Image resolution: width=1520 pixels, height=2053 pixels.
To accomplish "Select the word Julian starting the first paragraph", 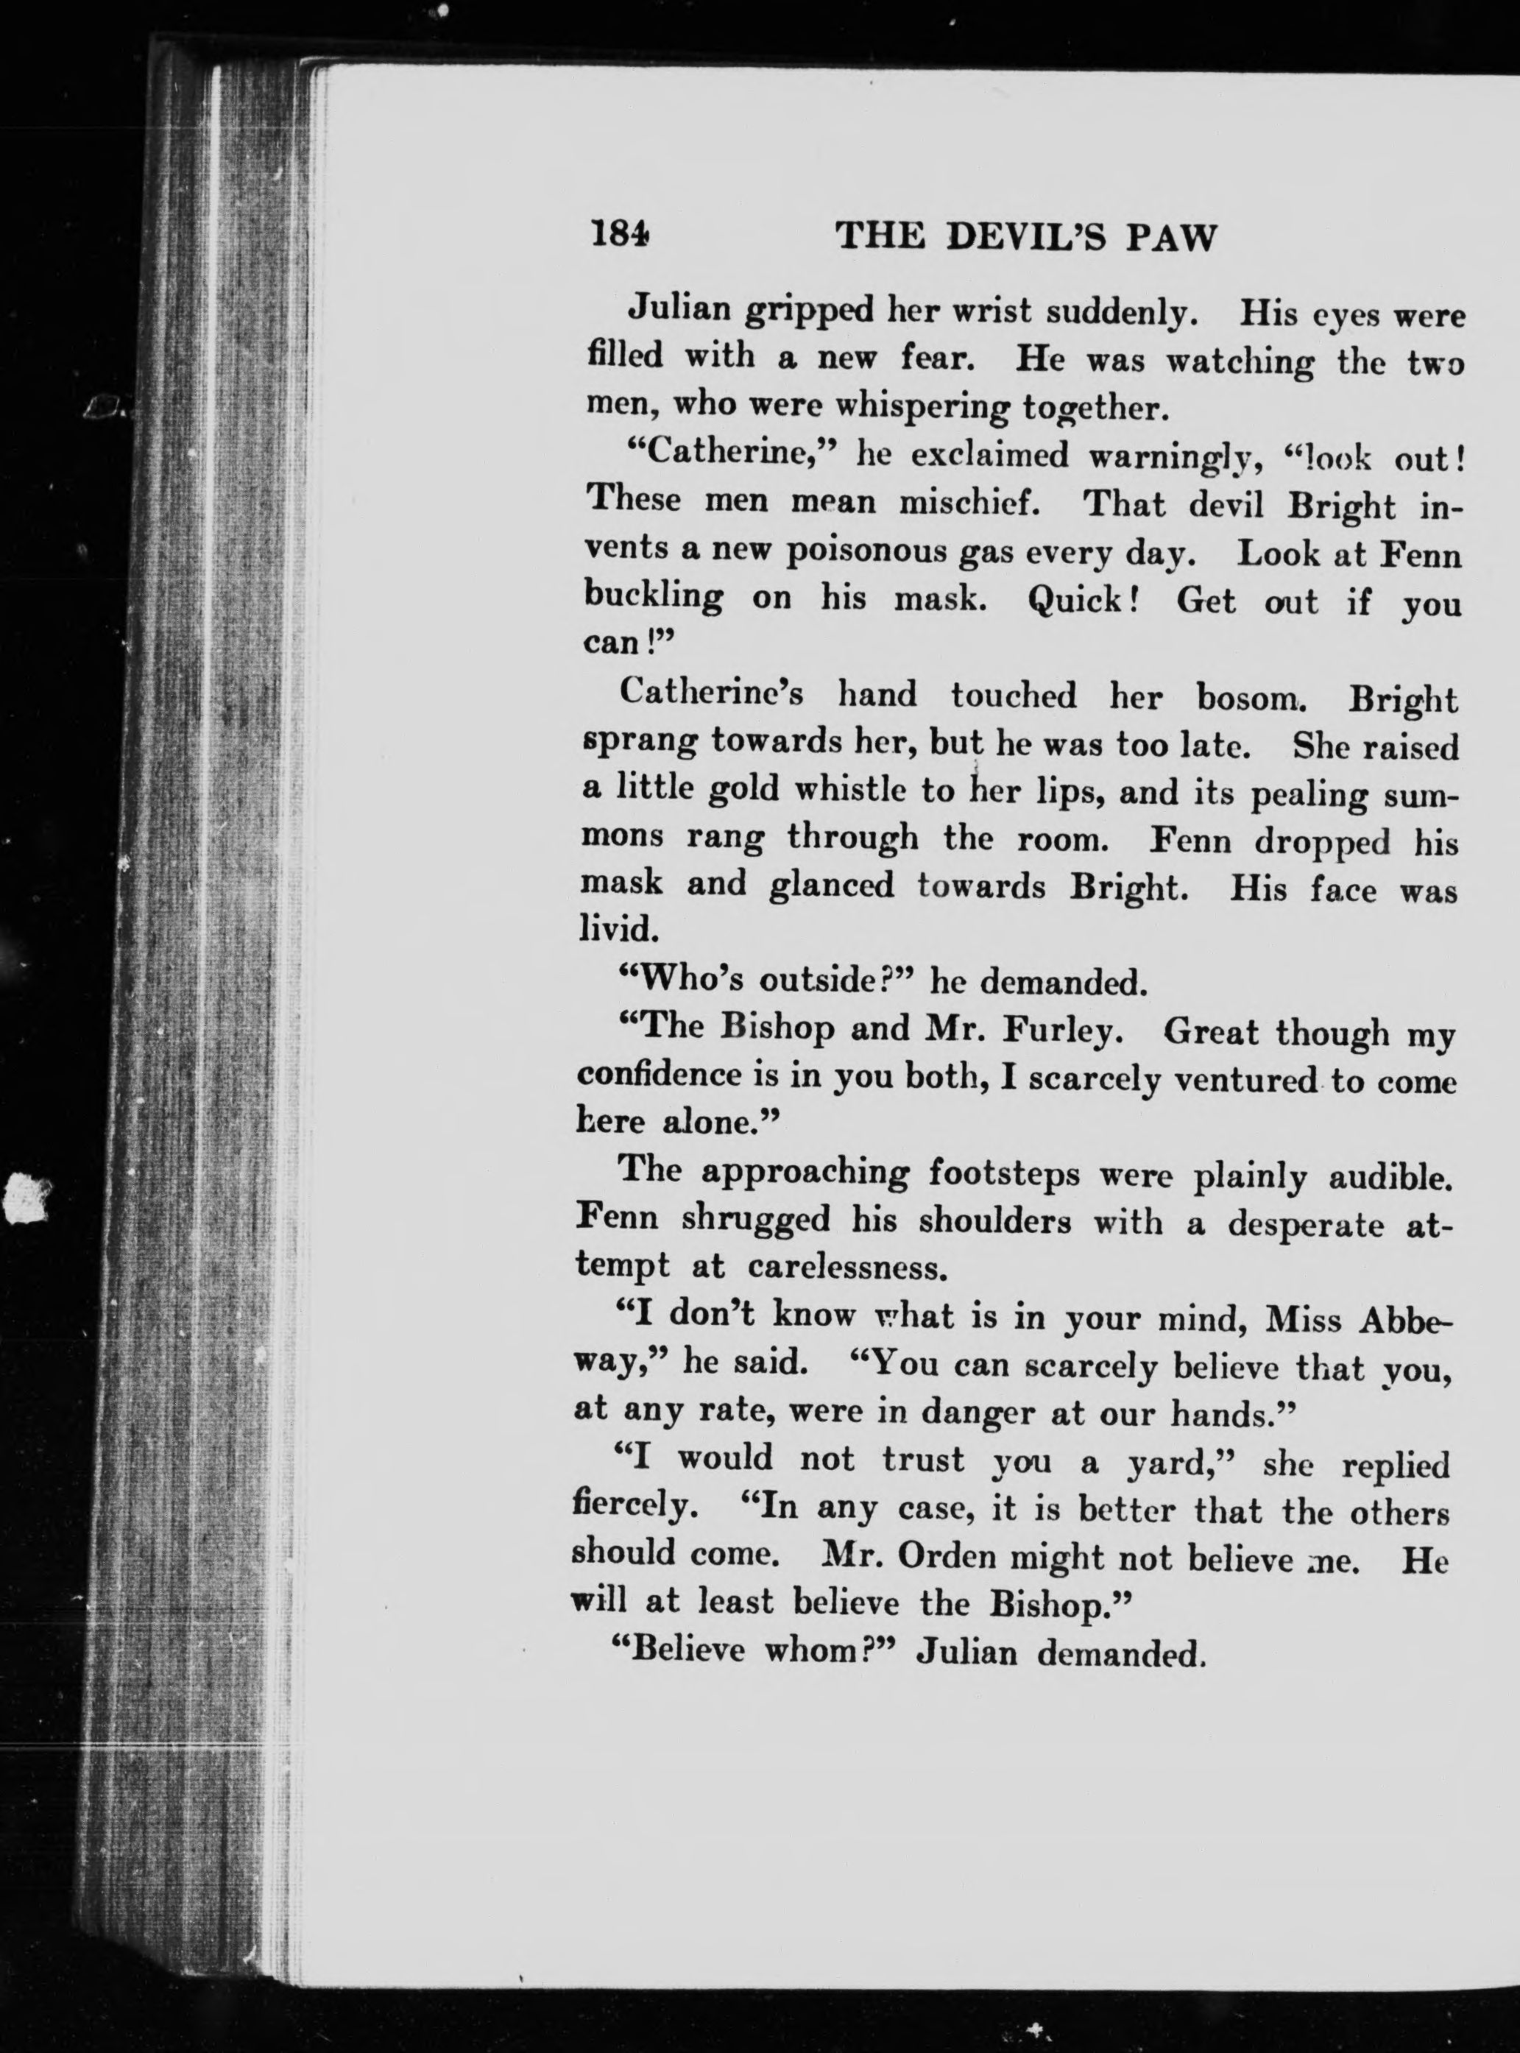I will tap(677, 310).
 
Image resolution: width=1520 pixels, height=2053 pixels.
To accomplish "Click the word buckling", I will tap(654, 599).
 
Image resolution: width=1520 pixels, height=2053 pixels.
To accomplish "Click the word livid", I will tap(617, 930).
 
